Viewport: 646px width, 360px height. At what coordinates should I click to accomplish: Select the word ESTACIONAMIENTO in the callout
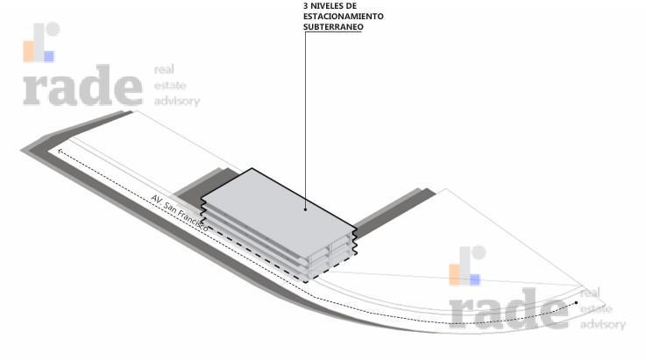[344, 17]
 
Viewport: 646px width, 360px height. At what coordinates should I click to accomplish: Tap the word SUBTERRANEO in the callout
[333, 27]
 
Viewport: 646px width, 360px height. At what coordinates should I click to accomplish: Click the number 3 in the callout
[306, 6]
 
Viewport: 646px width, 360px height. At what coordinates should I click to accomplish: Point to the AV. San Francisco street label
[180, 213]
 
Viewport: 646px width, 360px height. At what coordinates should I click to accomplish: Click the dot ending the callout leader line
[305, 209]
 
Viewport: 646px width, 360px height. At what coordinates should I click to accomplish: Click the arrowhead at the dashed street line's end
[60, 152]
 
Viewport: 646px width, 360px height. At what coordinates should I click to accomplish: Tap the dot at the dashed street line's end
[576, 303]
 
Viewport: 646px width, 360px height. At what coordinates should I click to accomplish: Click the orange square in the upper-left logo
[28, 51]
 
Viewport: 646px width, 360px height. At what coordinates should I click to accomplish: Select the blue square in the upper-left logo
[49, 56]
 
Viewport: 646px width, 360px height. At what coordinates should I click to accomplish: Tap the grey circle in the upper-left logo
[53, 29]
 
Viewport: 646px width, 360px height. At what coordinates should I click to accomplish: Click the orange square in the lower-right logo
[454, 275]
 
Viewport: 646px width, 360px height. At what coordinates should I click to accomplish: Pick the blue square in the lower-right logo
[475, 280]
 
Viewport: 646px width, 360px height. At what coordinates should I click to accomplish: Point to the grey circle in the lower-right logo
[479, 252]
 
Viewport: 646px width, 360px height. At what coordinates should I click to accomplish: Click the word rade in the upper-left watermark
[82, 85]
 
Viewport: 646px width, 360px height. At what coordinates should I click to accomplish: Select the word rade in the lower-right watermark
[508, 309]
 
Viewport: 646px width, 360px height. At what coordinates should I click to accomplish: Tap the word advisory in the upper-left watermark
[177, 102]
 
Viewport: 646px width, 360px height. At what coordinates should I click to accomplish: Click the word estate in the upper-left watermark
[170, 86]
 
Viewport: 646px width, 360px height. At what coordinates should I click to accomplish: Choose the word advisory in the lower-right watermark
[603, 325]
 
